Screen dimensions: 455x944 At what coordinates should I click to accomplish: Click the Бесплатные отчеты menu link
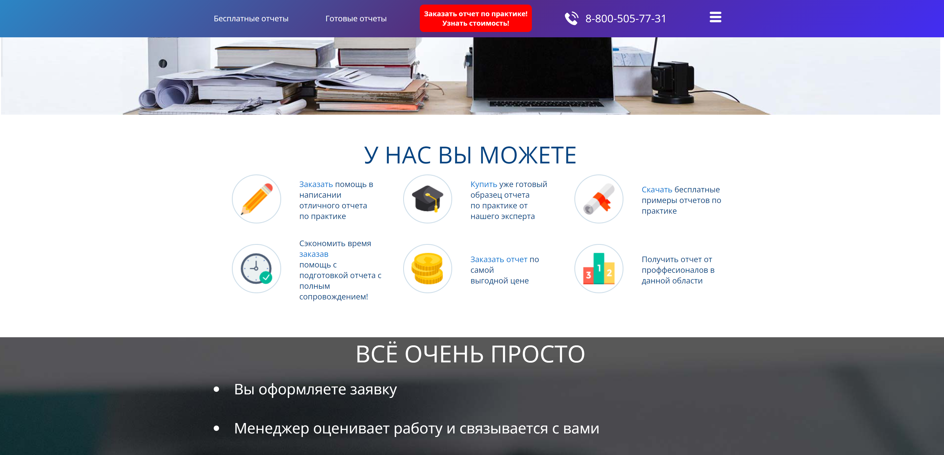click(x=251, y=19)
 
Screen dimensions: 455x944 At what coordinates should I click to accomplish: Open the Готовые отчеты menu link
click(x=356, y=19)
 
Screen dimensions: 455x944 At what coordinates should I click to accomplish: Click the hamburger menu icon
click(x=715, y=17)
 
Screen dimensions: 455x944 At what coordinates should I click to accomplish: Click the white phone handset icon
click(x=571, y=18)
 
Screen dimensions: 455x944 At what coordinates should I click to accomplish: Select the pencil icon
click(x=257, y=199)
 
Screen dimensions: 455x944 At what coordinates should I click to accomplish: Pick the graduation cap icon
click(x=427, y=199)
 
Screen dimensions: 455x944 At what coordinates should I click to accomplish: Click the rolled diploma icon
click(x=598, y=199)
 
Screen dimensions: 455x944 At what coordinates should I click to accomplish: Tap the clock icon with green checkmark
click(x=257, y=268)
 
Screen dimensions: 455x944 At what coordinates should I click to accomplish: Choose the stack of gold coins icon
click(x=427, y=268)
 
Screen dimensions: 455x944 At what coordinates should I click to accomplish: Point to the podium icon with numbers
click(x=598, y=268)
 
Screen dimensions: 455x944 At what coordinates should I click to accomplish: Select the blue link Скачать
click(x=657, y=190)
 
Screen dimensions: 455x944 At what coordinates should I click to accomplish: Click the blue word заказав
click(x=314, y=254)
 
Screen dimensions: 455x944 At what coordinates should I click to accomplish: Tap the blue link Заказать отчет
click(x=499, y=260)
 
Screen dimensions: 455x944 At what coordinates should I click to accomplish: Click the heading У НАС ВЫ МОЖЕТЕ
click(x=470, y=155)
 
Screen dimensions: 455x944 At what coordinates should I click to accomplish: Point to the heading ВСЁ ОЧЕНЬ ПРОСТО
click(x=470, y=354)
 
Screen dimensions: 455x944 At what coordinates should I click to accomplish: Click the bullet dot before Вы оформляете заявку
click(x=216, y=390)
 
